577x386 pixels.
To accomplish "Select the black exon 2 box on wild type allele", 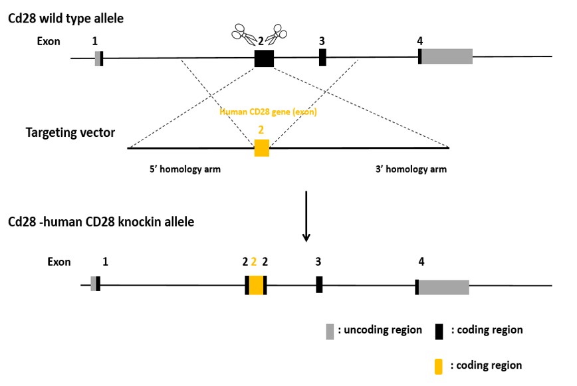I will coord(264,58).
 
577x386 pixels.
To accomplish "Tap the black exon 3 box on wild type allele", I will coord(322,57).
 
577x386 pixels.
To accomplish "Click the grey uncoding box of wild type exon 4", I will coord(447,56).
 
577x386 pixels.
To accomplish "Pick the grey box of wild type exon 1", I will coord(97,58).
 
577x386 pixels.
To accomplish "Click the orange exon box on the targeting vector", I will coord(262,147).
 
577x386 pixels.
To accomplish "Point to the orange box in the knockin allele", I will coord(256,285).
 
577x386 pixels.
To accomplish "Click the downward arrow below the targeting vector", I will coord(306,217).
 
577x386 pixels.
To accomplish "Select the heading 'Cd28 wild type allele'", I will coord(66,18).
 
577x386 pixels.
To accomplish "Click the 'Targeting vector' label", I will coord(70,133).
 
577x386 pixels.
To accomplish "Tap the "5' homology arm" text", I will coord(185,169).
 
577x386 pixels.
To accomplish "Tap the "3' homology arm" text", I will coord(411,169).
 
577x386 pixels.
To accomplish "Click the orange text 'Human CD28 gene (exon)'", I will coord(262,112).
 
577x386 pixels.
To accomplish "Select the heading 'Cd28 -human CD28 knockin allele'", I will coord(101,222).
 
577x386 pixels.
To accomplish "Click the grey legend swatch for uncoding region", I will coord(329,331).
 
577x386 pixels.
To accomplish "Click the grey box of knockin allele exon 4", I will coord(443,287).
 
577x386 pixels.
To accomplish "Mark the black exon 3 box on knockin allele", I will coord(319,284).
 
